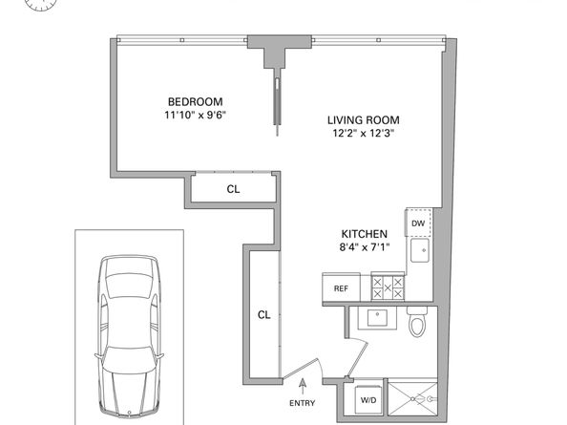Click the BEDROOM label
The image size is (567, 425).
(196, 101)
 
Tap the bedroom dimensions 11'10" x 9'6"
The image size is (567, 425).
(196, 115)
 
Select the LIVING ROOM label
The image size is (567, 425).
(364, 120)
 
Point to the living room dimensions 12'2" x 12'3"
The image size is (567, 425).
(364, 133)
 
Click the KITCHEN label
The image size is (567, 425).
(365, 234)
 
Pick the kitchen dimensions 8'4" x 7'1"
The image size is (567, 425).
(365, 247)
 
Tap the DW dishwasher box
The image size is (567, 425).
(418, 223)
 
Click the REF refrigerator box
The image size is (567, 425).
(341, 287)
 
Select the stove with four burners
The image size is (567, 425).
(388, 287)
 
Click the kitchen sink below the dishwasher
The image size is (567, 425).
(420, 250)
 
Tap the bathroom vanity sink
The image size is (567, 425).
(377, 318)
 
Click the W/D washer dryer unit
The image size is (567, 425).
(368, 399)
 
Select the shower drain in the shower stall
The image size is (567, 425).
(413, 399)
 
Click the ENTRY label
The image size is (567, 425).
(303, 403)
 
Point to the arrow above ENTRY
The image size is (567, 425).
(303, 387)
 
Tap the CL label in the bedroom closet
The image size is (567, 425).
(233, 189)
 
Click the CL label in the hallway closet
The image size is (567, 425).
(264, 315)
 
